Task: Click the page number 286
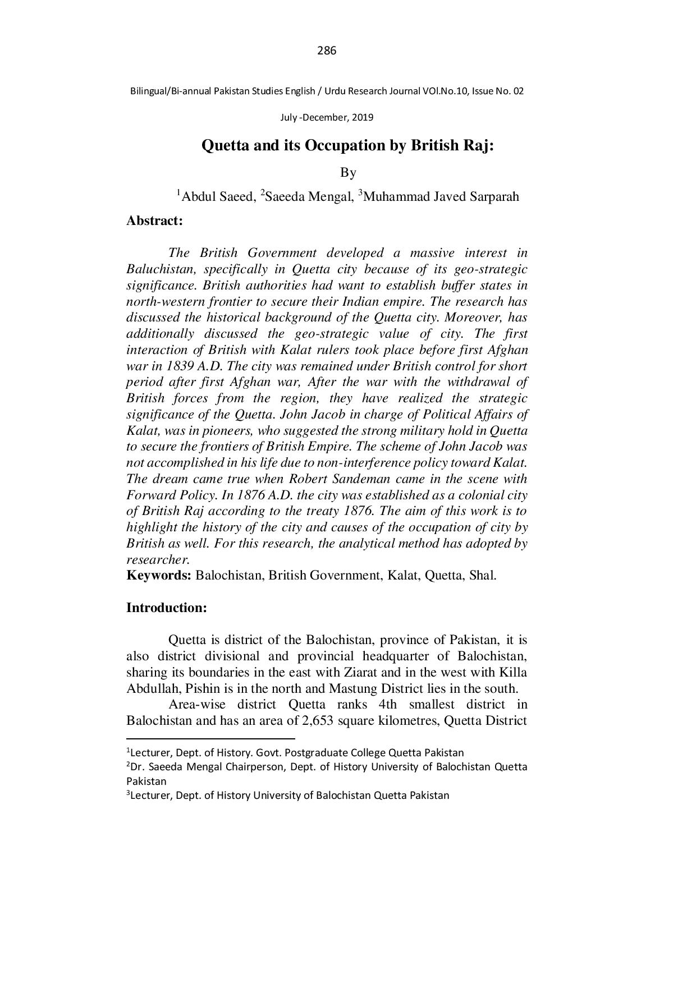click(x=326, y=51)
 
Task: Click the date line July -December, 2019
click(x=326, y=118)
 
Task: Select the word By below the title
click(x=348, y=172)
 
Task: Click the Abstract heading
click(x=154, y=221)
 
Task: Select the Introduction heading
click(x=167, y=608)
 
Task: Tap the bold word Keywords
click(x=159, y=576)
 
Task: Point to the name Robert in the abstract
click(x=308, y=479)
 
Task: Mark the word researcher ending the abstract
click(x=157, y=560)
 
